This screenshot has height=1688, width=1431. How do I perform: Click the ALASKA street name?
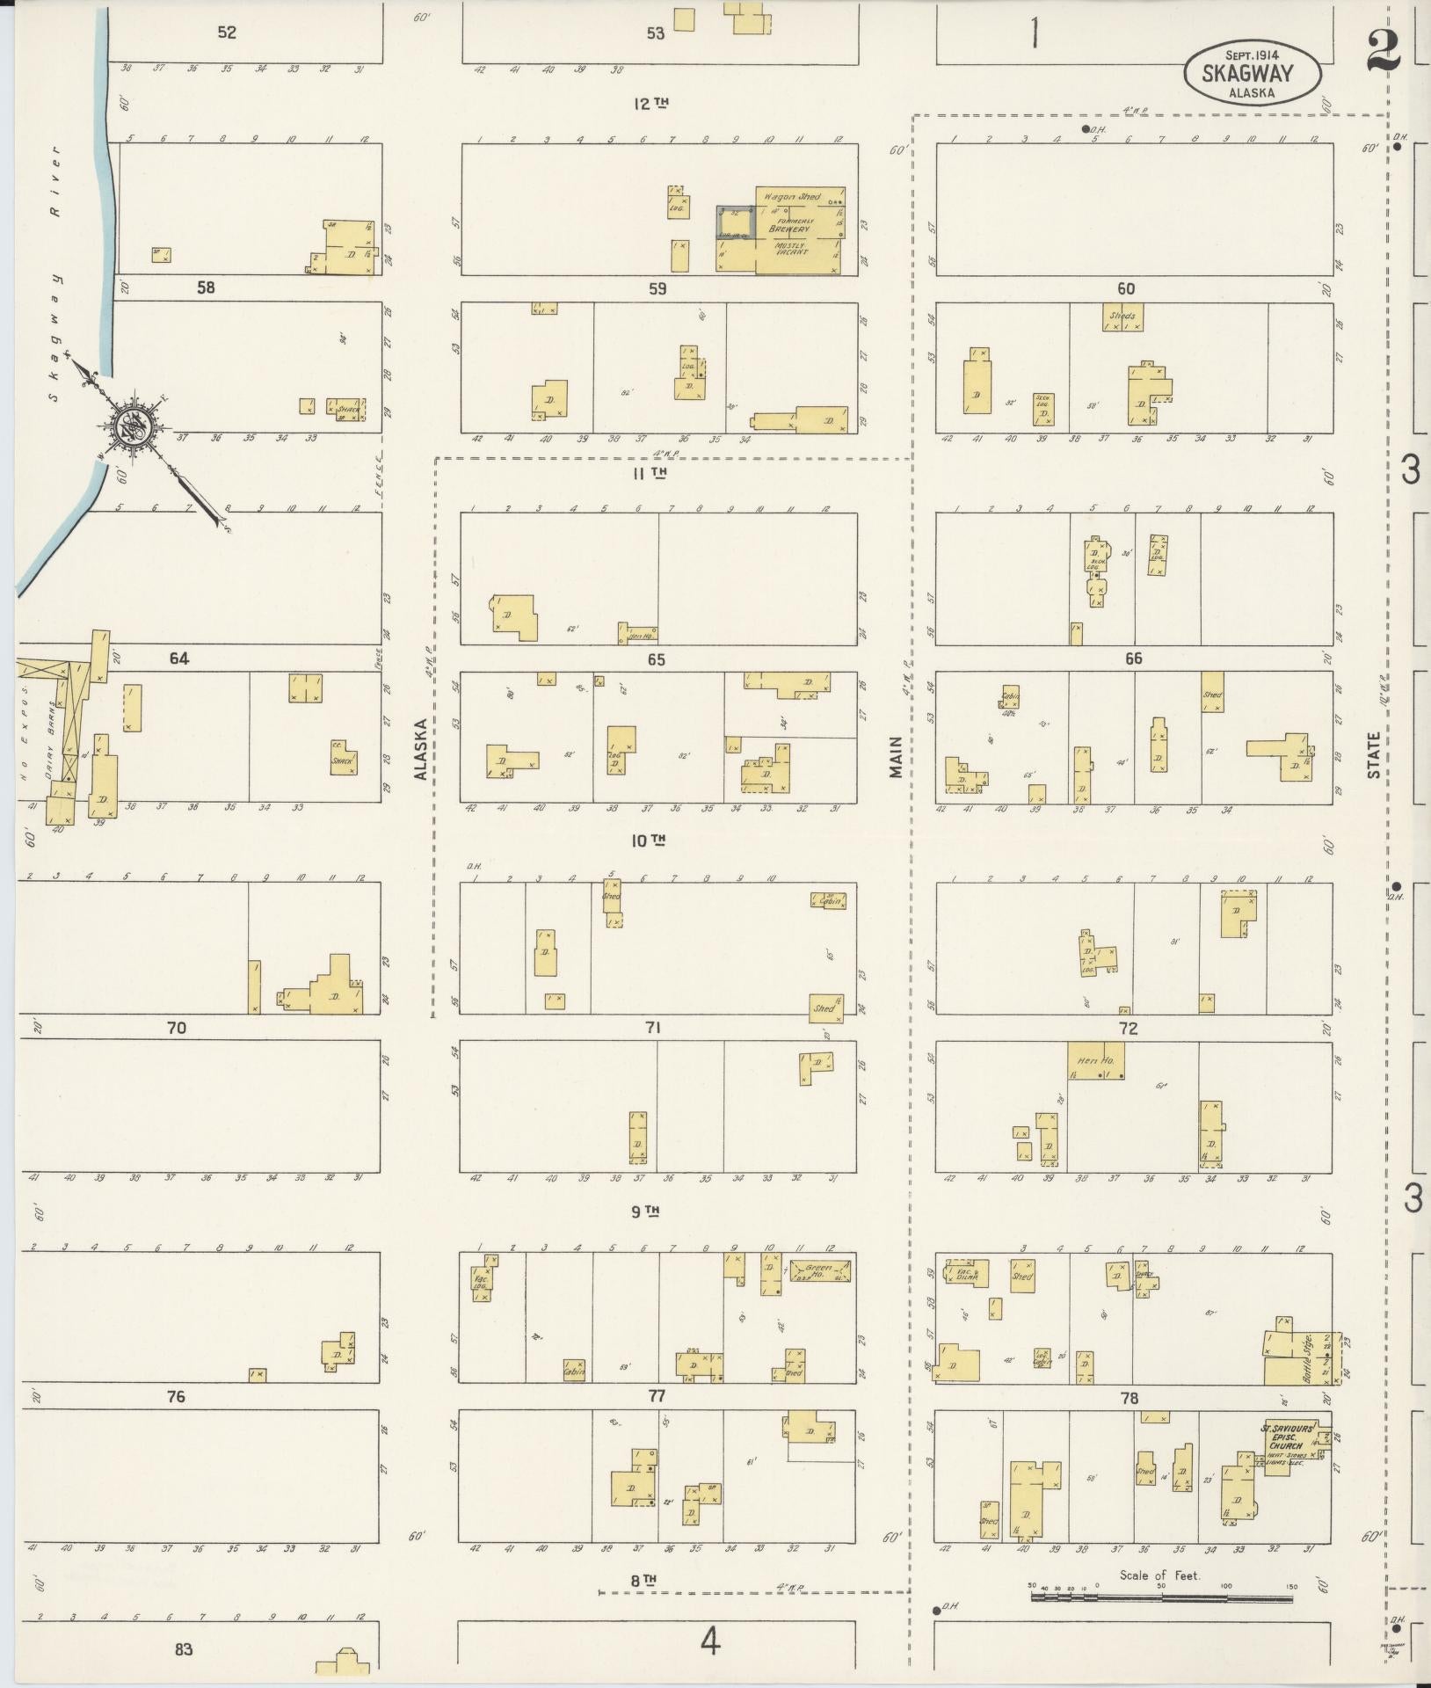click(x=421, y=748)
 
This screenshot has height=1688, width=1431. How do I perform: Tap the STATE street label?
click(x=1373, y=754)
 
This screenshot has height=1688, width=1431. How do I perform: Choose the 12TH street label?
click(x=651, y=104)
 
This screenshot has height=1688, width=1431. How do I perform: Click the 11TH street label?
click(x=650, y=473)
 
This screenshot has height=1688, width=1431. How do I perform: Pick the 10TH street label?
click(x=649, y=841)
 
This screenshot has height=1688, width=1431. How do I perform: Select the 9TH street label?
click(x=646, y=1211)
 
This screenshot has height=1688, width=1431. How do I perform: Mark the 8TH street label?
click(x=644, y=1580)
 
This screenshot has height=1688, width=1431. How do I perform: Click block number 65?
click(x=656, y=659)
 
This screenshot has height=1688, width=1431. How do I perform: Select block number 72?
click(x=1129, y=1029)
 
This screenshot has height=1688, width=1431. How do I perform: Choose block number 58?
click(x=206, y=287)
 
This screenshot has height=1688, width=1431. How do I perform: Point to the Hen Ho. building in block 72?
click(x=1095, y=1061)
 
